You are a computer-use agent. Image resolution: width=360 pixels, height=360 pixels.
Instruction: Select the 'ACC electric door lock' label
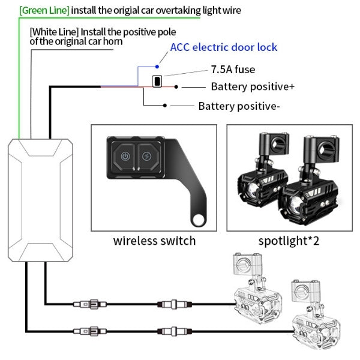[224, 47]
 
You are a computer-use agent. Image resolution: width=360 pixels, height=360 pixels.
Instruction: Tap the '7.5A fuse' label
[233, 70]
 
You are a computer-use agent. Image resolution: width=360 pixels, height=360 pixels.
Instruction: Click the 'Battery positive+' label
[253, 86]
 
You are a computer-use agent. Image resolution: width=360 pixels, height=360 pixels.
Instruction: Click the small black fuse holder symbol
[157, 81]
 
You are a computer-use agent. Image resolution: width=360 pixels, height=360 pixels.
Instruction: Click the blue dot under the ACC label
[156, 66]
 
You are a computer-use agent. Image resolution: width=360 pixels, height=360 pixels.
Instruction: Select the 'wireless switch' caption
[154, 241]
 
